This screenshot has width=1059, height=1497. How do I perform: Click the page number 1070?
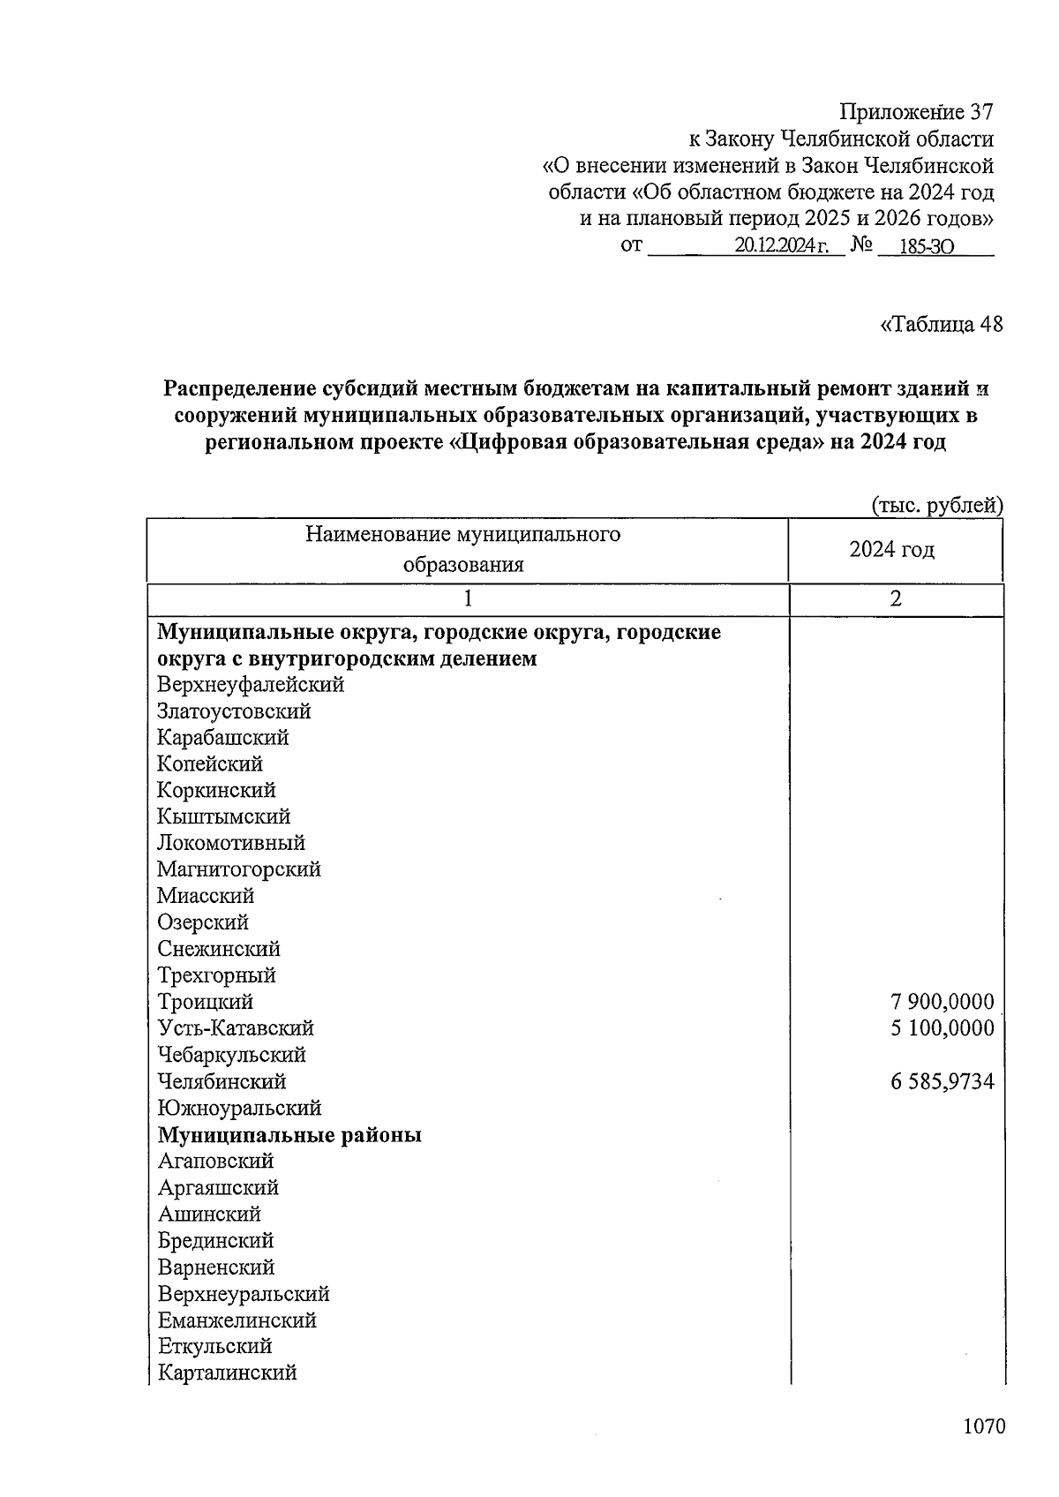click(x=983, y=1427)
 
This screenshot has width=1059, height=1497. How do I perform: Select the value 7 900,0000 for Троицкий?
click(x=943, y=1002)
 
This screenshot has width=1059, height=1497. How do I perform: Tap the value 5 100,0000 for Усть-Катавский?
click(x=943, y=1028)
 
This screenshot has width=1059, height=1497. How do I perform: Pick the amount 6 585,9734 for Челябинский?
click(x=943, y=1081)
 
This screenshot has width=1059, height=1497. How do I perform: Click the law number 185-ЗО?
click(x=926, y=247)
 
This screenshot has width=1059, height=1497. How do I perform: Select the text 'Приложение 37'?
click(x=916, y=112)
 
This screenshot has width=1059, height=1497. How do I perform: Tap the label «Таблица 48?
click(x=942, y=324)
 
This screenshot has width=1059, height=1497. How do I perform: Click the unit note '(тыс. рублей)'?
click(x=937, y=505)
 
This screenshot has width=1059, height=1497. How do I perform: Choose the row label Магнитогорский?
click(x=239, y=869)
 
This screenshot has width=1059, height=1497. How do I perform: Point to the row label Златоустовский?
click(x=234, y=711)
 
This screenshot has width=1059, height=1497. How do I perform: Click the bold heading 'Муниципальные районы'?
click(x=289, y=1134)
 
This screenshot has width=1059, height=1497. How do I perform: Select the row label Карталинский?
click(x=228, y=1373)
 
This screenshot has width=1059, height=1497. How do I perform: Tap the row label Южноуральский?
click(x=239, y=1108)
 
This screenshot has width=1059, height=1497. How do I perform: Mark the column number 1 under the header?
click(x=468, y=598)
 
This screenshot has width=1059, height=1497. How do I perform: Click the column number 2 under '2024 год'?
click(x=896, y=598)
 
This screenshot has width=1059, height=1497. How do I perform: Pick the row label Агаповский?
click(x=215, y=1161)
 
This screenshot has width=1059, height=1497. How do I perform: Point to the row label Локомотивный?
click(x=231, y=843)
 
